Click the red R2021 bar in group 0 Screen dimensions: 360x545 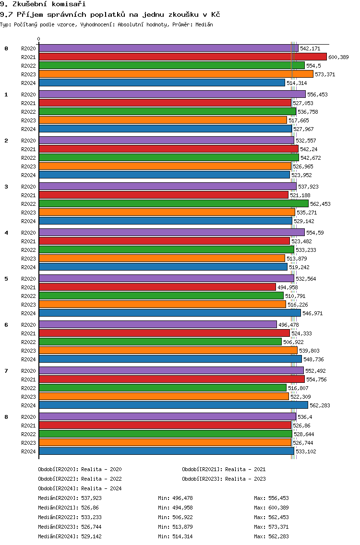(183, 57)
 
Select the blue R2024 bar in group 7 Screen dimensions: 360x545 (174, 405)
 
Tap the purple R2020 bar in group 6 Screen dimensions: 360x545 (158, 324)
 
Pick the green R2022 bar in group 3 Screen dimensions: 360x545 (174, 204)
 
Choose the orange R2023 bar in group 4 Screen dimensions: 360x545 (162, 258)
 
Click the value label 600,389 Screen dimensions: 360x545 (338, 57)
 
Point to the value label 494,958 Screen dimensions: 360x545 (288, 287)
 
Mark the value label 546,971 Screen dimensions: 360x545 (312, 313)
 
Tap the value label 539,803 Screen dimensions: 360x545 (309, 351)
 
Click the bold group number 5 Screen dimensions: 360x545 (6, 279)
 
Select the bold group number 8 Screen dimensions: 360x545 (6, 417)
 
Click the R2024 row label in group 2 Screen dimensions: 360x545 (28, 175)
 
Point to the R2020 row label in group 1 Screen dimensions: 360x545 (28, 95)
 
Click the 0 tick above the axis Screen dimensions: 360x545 (38, 39)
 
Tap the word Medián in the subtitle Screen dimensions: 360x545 (204, 24)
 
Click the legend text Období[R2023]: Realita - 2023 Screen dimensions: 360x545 (224, 479)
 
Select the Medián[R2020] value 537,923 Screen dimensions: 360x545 (92, 498)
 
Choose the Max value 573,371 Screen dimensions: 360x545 (278, 527)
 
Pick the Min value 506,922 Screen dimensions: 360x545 (182, 517)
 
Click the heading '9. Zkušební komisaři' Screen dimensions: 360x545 (43, 4)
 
